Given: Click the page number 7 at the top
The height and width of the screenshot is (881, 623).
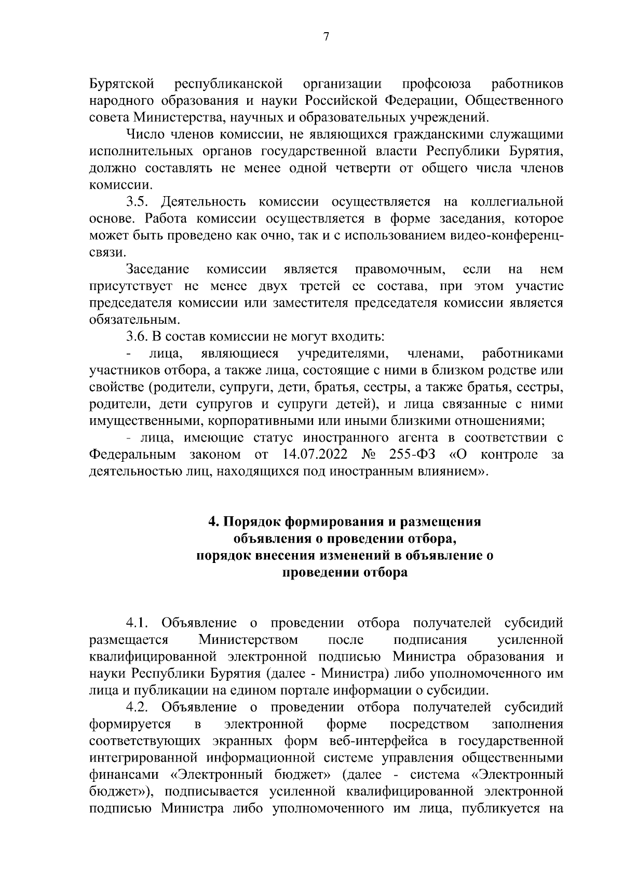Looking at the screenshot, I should click(326, 37).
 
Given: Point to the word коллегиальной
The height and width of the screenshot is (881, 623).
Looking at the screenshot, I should click(517, 202).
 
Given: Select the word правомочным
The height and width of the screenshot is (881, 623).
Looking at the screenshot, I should click(400, 269).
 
